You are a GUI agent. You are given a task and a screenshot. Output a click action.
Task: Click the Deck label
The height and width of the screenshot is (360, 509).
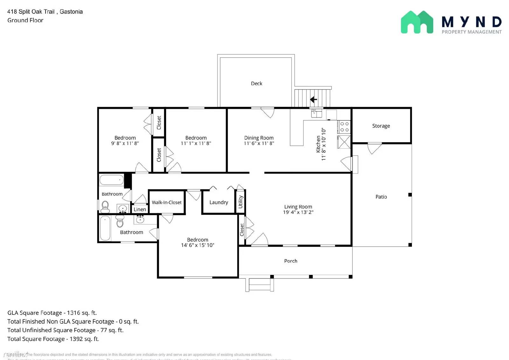tap(256, 83)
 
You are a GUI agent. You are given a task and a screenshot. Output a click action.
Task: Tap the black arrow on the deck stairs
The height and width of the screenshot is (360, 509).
tap(313, 100)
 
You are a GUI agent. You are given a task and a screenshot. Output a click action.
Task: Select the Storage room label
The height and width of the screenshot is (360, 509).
tap(381, 126)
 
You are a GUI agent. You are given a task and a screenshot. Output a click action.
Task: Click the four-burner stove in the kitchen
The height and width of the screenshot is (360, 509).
tap(344, 127)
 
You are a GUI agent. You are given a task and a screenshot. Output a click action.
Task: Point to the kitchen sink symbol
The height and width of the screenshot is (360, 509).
tap(316, 113)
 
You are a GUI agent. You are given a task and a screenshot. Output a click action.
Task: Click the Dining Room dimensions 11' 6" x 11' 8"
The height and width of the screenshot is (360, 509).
tap(259, 144)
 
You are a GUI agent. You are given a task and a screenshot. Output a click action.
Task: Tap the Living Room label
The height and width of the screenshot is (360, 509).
tap(298, 207)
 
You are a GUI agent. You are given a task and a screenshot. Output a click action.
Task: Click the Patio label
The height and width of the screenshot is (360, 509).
tap(381, 197)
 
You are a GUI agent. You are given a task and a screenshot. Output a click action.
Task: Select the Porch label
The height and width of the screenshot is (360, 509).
tap(290, 261)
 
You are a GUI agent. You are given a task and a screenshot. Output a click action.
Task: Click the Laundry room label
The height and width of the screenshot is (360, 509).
tap(219, 202)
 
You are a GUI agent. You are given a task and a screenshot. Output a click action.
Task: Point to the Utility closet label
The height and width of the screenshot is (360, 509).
tap(241, 202)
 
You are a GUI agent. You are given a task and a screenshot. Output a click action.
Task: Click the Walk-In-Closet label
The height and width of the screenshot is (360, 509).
tap(166, 202)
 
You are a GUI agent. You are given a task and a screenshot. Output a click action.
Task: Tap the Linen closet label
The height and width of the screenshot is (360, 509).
tap(140, 209)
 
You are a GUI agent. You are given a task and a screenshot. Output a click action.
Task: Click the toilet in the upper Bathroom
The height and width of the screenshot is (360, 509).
tap(105, 207)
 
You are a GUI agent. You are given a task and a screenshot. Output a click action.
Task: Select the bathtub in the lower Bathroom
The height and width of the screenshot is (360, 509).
tap(105, 228)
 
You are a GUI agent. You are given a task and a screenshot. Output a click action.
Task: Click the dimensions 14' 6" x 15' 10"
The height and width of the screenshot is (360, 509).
tap(197, 245)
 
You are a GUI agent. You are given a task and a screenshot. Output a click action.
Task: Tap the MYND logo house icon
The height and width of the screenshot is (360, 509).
tap(417, 22)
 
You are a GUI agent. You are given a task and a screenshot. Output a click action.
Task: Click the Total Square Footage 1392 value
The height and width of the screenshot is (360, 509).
tap(76, 339)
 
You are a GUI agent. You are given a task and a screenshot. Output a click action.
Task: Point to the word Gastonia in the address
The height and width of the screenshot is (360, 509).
tap(71, 11)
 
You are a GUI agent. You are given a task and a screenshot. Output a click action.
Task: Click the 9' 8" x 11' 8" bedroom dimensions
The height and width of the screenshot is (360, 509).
tap(125, 144)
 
